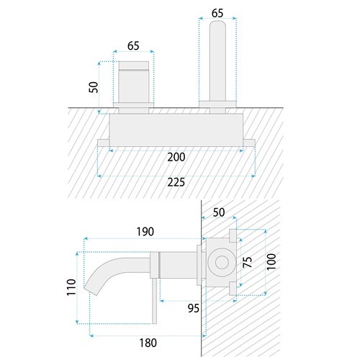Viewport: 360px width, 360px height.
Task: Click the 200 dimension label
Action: [x=176, y=157]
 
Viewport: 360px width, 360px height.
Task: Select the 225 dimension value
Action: [x=176, y=182]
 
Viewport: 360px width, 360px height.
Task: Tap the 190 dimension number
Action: [x=145, y=232]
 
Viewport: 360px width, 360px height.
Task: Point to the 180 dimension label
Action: [x=148, y=343]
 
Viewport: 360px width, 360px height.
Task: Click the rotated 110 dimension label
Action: [x=71, y=287]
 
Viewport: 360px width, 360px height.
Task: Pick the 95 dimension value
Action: [x=194, y=308]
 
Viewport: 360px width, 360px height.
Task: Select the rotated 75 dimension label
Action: [x=248, y=262]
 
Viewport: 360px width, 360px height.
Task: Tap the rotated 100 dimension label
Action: [x=271, y=261]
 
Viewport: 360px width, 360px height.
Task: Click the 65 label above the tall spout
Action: [x=217, y=13]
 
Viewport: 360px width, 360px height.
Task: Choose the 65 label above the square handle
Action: [x=133, y=45]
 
